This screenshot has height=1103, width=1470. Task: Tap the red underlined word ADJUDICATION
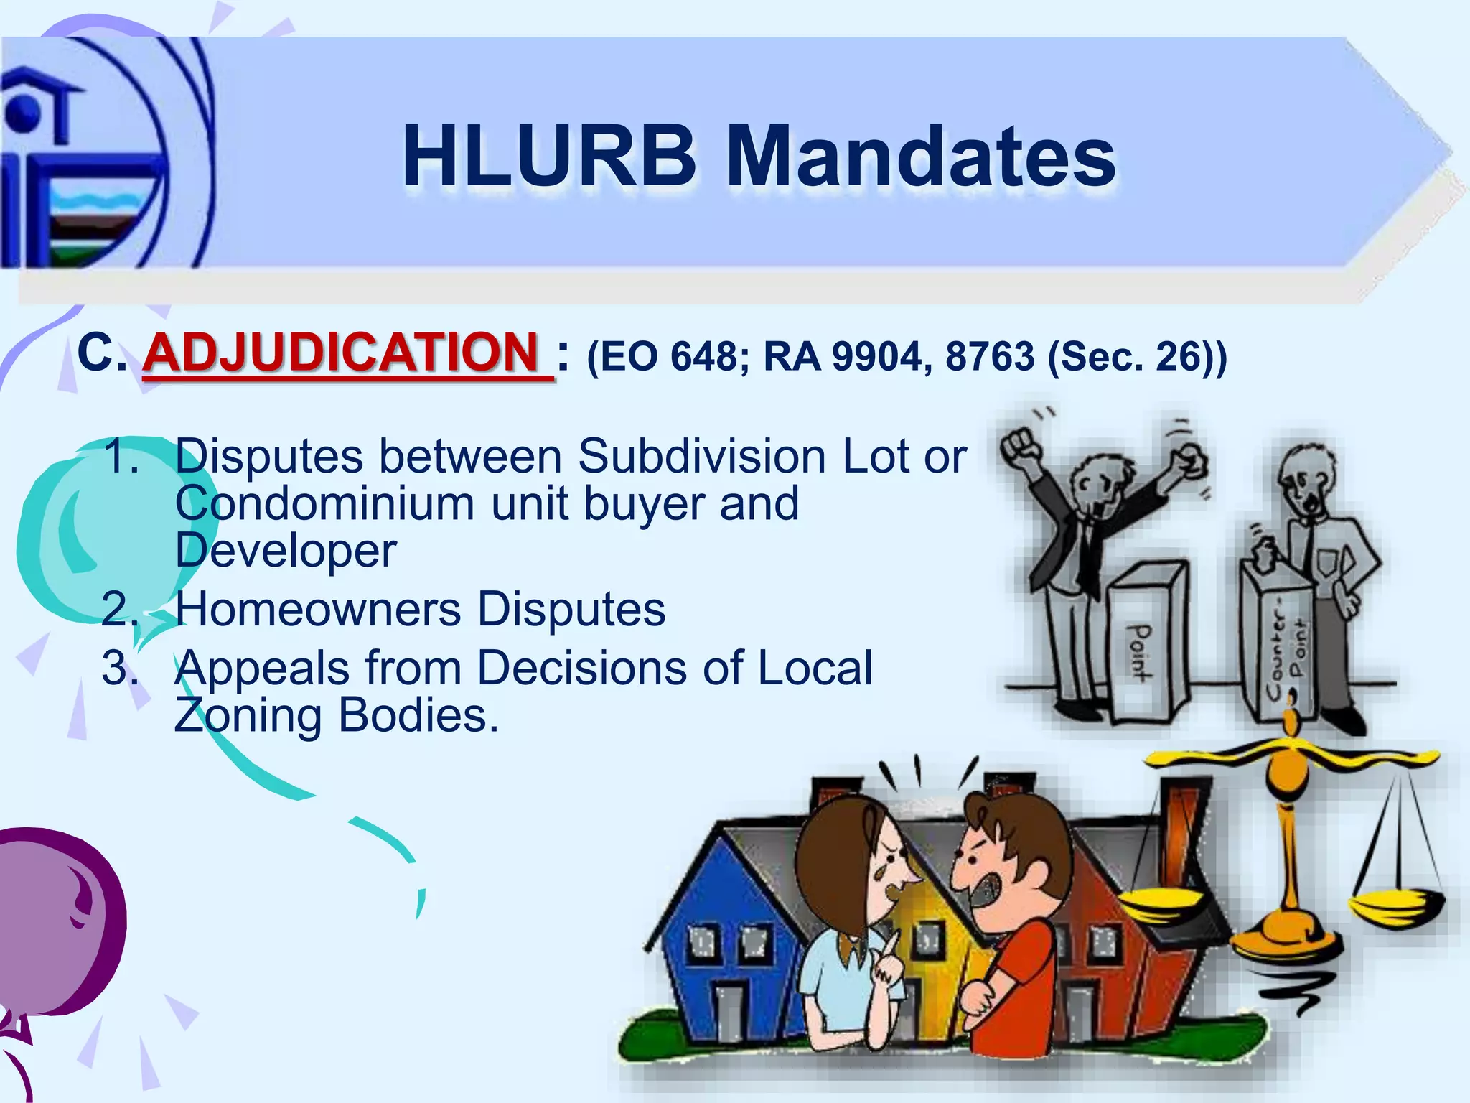[341, 353]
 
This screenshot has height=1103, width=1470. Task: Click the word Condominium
[325, 503]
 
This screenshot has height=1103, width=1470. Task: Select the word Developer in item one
[285, 551]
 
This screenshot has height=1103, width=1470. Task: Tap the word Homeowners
[319, 610]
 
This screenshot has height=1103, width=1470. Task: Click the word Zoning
[248, 716]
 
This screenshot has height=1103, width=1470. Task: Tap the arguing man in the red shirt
[1012, 934]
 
